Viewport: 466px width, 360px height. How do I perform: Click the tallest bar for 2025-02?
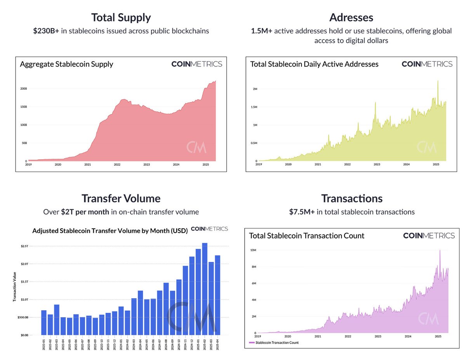[205, 289]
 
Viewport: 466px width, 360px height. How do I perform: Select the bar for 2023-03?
[57, 320]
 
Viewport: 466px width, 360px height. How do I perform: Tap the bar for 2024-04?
[140, 313]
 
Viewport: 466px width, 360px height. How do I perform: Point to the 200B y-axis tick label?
[23, 89]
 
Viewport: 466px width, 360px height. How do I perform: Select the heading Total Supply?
[121, 17]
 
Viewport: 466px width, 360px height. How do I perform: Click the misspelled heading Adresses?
[352, 17]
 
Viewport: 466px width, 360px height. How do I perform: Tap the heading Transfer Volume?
[121, 198]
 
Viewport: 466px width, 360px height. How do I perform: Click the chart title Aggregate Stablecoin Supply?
[66, 64]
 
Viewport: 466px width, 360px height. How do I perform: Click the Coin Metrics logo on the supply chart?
[196, 64]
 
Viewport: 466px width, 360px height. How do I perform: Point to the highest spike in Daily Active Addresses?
[438, 81]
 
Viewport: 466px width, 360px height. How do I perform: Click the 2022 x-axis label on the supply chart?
[117, 165]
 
